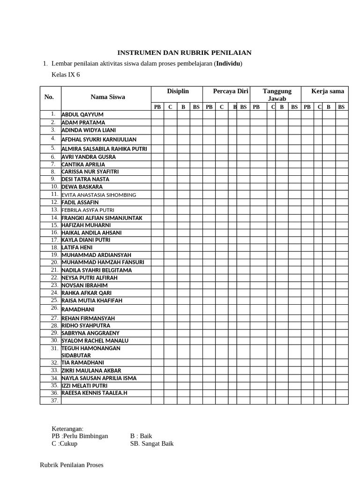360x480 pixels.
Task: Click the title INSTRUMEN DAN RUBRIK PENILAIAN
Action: click(x=184, y=53)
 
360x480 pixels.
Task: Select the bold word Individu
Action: click(x=228, y=64)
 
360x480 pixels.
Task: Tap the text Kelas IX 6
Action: click(x=66, y=75)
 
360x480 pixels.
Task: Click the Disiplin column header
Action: click(x=178, y=91)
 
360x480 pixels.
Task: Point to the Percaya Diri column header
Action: click(x=230, y=91)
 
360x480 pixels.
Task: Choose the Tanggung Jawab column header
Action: click(x=277, y=95)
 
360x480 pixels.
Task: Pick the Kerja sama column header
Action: click(x=328, y=91)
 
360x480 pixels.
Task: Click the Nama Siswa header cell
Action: click(x=108, y=97)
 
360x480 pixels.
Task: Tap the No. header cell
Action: click(x=49, y=97)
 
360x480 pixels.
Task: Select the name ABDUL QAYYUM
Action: click(x=82, y=114)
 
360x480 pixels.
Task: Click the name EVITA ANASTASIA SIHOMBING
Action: click(x=98, y=195)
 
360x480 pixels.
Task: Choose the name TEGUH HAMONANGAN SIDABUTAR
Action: click(x=91, y=352)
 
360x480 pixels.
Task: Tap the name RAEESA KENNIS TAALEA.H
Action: click(x=94, y=393)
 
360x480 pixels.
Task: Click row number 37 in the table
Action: click(x=54, y=400)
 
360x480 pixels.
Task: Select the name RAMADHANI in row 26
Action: click(x=78, y=309)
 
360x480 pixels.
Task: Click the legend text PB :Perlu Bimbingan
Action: click(x=80, y=435)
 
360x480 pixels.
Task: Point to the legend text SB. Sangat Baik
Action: click(x=151, y=443)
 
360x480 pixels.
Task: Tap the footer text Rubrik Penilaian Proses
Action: click(x=72, y=465)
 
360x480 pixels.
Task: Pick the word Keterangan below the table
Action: click(x=67, y=428)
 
